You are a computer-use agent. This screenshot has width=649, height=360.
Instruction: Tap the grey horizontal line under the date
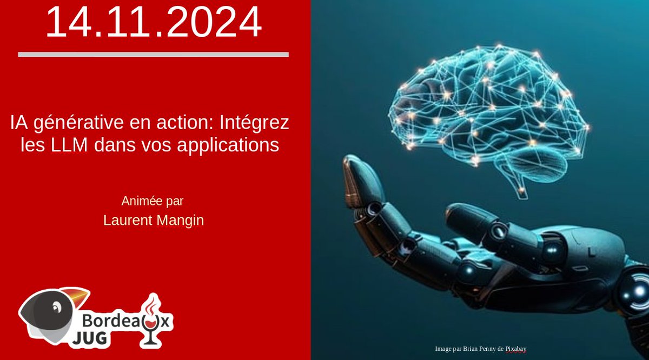click(x=153, y=55)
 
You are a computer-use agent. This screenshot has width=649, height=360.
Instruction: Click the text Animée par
click(x=153, y=202)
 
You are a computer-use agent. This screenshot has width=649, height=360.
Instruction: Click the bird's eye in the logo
click(x=55, y=308)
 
